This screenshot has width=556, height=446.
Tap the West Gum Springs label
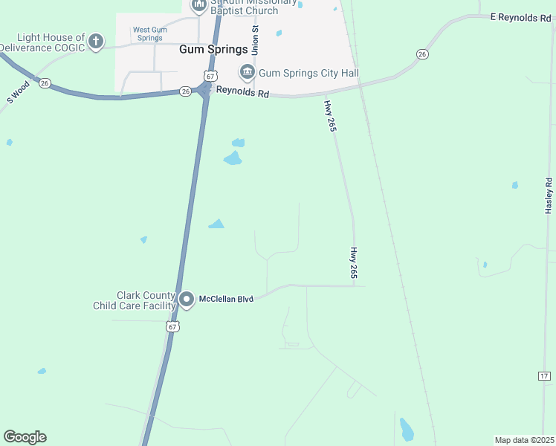pos(147,34)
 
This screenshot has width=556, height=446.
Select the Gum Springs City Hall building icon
pos(247,72)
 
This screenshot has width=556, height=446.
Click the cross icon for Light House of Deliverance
pos(96,42)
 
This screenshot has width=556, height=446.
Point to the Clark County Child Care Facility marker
pos(187,300)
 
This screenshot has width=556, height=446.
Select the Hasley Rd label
pos(549,196)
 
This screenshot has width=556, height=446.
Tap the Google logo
pos(25,437)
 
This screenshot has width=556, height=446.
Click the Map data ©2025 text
pos(524,440)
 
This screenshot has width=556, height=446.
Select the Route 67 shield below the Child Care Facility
pos(172,326)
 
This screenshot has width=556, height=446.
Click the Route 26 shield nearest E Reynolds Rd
pos(422,54)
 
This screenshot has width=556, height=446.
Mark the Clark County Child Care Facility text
pos(135,300)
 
